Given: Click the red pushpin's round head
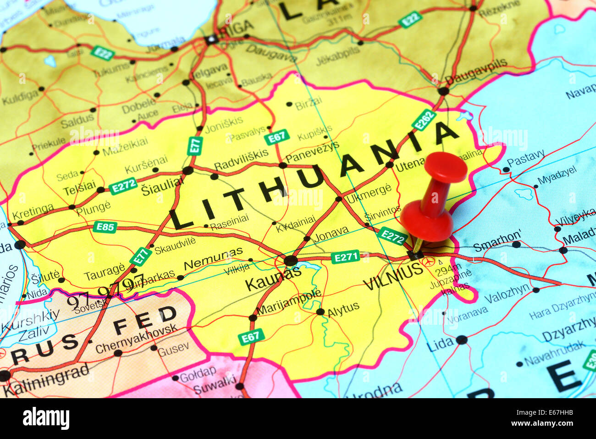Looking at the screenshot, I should pyautogui.click(x=445, y=167).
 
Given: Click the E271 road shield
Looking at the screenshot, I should pyautogui.click(x=345, y=257).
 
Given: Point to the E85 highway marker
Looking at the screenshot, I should pyautogui.click(x=105, y=227).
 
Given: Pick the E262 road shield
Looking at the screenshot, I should pyautogui.click(x=423, y=120).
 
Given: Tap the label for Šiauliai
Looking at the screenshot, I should pyautogui.click(x=162, y=188).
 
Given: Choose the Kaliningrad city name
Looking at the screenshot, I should pyautogui.click(x=46, y=380).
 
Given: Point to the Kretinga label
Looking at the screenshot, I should pyautogui.click(x=33, y=212).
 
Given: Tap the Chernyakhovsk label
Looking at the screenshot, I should pyautogui.click(x=136, y=339).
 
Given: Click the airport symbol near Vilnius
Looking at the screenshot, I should pyautogui.click(x=429, y=261).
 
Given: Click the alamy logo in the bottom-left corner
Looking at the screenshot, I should pyautogui.click(x=46, y=419).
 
